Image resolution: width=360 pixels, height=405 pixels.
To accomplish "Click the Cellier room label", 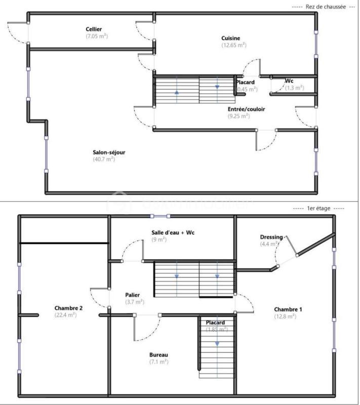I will pyautogui.click(x=96, y=29).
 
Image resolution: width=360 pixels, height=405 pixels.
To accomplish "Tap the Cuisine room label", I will pyautogui.click(x=231, y=38).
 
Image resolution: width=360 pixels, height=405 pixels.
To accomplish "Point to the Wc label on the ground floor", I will pyautogui.click(x=289, y=81).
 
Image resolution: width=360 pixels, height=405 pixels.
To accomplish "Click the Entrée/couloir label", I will pyautogui.click(x=246, y=109).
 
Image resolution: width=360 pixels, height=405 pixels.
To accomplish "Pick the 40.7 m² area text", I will pyautogui.click(x=104, y=159).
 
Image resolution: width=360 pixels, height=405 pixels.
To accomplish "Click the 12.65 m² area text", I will pyautogui.click(x=233, y=45).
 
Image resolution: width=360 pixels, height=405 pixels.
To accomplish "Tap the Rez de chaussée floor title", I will pyautogui.click(x=326, y=7).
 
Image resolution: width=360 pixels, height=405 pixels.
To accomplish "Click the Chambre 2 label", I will pyautogui.click(x=68, y=308).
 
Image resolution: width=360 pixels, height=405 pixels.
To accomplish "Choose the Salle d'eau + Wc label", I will pyautogui.click(x=173, y=233).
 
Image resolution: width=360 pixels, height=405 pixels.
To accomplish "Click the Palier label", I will pyautogui.click(x=133, y=295).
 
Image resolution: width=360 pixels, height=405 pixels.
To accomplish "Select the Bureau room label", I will pyautogui.click(x=158, y=354).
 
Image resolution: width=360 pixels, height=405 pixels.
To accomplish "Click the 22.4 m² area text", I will pyautogui.click(x=65, y=314).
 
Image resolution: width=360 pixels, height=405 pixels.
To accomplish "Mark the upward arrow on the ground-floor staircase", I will pyautogui.click(x=177, y=92).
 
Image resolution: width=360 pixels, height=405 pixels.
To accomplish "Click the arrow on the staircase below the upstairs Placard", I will pyautogui.click(x=217, y=343).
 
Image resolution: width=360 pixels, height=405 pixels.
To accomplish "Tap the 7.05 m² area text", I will pyautogui.click(x=97, y=36).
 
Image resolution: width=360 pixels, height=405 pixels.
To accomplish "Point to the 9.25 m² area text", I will pyautogui.click(x=238, y=116).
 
